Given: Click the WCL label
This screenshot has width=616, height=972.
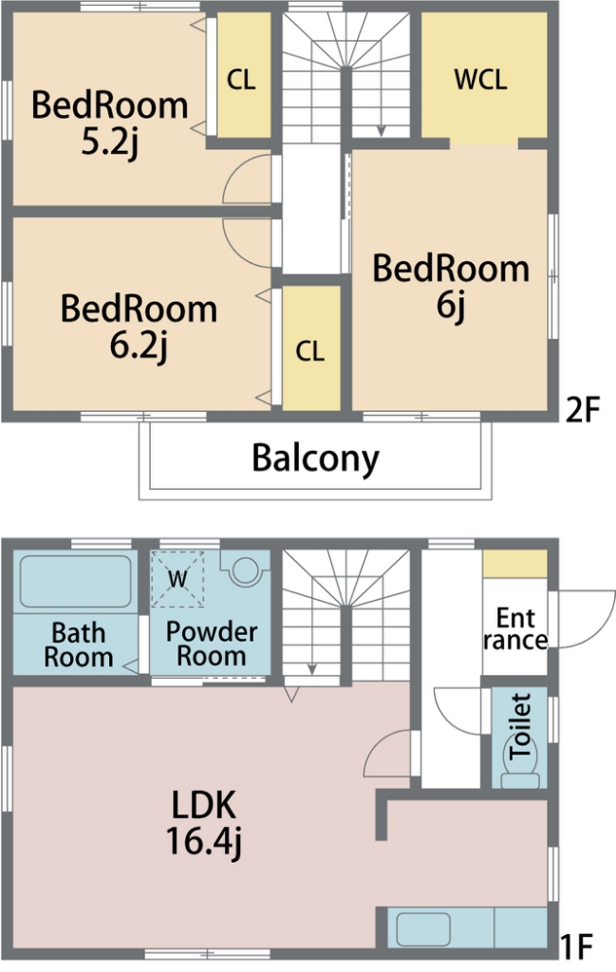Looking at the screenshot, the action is [480, 80].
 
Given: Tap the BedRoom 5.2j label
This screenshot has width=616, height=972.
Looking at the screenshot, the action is [110, 122].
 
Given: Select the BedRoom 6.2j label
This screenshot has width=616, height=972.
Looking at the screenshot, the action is [139, 327].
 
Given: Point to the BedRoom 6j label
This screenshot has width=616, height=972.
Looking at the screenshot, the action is [451, 287].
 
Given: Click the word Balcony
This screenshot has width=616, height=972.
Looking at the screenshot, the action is [315, 458].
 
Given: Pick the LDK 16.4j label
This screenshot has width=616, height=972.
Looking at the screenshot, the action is [204, 823].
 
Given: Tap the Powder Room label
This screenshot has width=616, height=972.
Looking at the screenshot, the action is [212, 644].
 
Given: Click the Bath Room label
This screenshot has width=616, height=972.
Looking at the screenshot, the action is [79, 645].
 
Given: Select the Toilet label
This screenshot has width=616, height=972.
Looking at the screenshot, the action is [519, 726].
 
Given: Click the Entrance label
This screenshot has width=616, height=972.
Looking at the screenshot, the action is [515, 628].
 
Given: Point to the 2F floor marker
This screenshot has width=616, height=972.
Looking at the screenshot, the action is [583, 409].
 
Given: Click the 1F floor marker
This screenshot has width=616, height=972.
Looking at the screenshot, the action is [576, 946].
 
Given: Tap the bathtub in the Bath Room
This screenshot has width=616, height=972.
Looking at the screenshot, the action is [76, 582].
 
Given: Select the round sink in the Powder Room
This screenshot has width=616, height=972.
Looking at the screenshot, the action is [245, 570].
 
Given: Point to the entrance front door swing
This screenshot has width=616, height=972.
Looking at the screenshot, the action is [583, 620].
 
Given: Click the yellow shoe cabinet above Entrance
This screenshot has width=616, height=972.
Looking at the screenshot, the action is [515, 564].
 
